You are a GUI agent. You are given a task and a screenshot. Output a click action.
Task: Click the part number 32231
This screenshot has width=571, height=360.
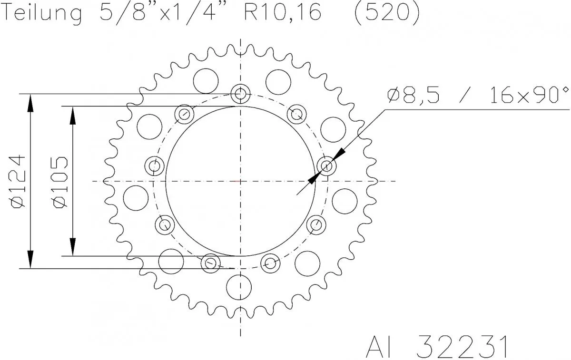461,347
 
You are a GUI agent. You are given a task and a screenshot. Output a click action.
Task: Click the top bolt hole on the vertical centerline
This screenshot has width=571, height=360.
240,94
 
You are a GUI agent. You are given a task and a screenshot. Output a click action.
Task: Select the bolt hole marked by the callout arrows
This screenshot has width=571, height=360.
327,166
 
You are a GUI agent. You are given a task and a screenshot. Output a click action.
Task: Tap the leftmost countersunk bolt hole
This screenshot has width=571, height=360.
154,166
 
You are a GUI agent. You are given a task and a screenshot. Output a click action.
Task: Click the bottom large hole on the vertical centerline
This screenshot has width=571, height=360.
238,287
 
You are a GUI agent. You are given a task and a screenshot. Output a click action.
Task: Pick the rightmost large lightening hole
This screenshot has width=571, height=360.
345,201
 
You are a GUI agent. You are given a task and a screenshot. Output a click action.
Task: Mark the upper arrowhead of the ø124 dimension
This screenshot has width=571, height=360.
30,103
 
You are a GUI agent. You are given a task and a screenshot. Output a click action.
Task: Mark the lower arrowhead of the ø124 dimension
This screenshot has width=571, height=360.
30,260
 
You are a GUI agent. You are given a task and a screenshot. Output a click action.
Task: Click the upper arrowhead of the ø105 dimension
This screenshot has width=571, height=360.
73,115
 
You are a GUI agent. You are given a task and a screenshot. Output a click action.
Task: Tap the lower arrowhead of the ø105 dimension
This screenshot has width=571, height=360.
73,247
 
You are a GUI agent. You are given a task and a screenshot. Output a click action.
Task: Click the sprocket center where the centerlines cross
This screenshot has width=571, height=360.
240,181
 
